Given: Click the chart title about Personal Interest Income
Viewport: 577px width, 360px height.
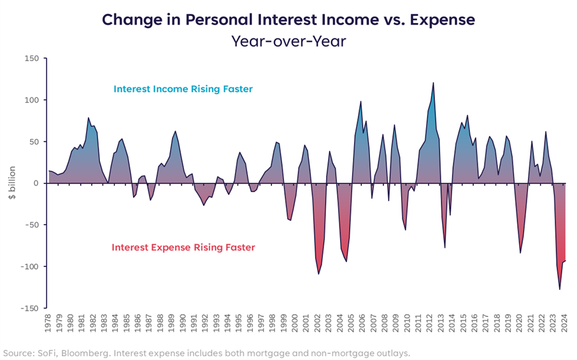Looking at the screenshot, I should point(288,19).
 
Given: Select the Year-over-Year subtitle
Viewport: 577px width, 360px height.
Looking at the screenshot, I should point(288,41).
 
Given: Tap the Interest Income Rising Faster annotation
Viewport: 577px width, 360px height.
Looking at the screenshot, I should point(183,89).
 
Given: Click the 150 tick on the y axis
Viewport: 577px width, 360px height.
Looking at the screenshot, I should point(31,59).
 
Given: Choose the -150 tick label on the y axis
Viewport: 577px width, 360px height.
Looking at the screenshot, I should point(29,308).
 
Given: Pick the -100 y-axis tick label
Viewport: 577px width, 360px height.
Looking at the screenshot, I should point(29,266).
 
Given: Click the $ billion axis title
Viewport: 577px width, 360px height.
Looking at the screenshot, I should point(12,184).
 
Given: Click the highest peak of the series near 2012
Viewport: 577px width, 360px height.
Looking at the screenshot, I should point(433,83).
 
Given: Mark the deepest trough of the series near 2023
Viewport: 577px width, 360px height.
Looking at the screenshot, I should point(560,289).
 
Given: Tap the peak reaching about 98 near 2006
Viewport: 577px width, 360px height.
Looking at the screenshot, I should point(360,101).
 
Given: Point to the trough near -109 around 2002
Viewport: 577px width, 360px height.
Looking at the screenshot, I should point(319,273).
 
